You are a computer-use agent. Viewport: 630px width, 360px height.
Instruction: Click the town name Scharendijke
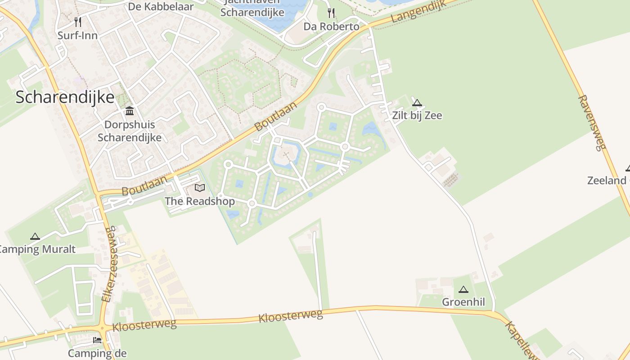[65, 97]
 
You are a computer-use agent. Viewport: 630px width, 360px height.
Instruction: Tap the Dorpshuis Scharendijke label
[130, 131]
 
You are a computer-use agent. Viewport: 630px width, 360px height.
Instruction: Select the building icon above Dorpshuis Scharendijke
[130, 111]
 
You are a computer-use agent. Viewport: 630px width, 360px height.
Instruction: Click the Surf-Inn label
[77, 36]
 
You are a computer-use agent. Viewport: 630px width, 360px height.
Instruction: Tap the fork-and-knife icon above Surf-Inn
[78, 22]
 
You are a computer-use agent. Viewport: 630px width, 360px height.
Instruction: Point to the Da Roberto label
[331, 27]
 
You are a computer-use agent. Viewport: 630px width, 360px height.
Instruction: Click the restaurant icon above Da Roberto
[332, 13]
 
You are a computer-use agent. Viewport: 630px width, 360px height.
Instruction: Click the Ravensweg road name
[593, 122]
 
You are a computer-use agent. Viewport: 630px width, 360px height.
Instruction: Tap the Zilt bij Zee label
[417, 116]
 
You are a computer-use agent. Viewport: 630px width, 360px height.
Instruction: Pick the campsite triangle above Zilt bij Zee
[417, 103]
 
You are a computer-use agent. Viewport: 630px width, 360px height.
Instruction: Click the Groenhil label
[463, 302]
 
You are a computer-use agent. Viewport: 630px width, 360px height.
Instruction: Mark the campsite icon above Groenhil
[463, 289]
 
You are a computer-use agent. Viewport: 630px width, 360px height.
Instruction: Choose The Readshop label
[200, 201]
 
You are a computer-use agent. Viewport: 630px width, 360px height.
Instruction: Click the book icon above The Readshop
[199, 188]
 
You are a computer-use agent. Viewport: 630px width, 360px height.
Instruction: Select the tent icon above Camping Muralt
[35, 236]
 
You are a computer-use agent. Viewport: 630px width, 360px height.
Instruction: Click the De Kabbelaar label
[161, 7]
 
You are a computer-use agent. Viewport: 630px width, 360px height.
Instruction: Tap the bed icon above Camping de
[97, 340]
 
